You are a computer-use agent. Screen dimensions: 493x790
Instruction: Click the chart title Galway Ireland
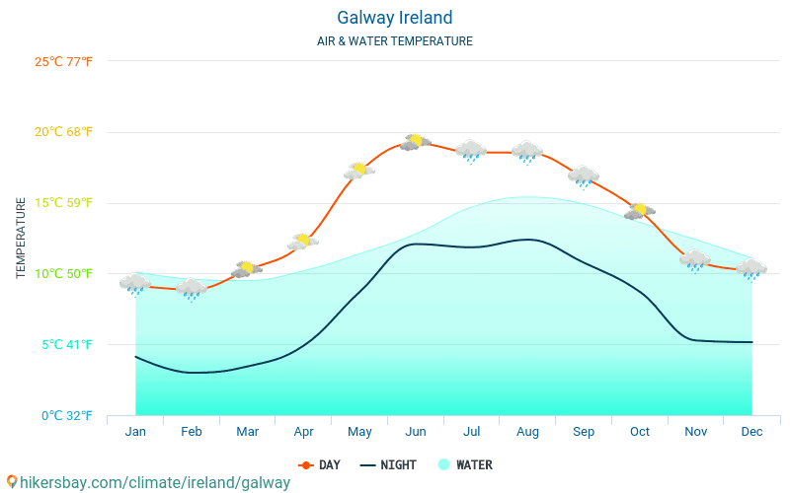[395, 18]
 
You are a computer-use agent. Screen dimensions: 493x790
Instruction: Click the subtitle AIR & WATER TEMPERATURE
[395, 41]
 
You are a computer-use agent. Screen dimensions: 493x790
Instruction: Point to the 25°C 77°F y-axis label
[64, 62]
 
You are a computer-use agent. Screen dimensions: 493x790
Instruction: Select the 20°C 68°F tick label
[64, 132]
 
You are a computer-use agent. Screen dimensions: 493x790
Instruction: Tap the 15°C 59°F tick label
[64, 203]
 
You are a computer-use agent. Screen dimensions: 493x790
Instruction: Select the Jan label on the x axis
[135, 432]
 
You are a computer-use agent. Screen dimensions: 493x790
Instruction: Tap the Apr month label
[303, 432]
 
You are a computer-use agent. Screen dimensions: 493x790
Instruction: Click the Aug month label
[527, 432]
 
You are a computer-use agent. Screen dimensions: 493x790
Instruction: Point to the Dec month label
[751, 432]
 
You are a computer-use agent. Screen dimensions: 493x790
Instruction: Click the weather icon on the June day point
[416, 142]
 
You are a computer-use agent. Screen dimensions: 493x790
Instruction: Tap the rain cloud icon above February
[192, 288]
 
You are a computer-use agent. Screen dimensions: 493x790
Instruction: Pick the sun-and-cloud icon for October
[640, 210]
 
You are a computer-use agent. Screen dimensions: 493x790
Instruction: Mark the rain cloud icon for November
[695, 260]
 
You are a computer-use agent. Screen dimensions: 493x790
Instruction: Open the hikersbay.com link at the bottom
[148, 482]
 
